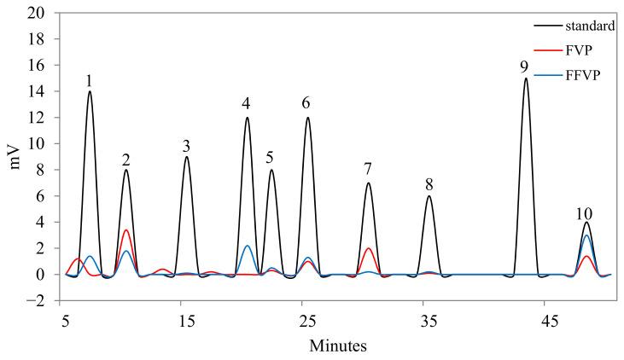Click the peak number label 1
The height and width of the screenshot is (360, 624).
pyautogui.click(x=89, y=80)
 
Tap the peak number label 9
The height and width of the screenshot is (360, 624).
pyautogui.click(x=525, y=67)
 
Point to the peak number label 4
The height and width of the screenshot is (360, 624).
pyautogui.click(x=247, y=104)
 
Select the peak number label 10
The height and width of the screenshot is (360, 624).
pyautogui.click(x=585, y=213)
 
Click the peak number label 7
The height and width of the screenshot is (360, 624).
pyautogui.click(x=368, y=169)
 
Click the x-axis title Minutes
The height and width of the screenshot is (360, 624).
pyautogui.click(x=339, y=346)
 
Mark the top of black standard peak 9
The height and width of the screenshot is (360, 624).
pyautogui.click(x=526, y=78)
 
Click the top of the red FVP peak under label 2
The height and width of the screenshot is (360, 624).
pyautogui.click(x=125, y=229)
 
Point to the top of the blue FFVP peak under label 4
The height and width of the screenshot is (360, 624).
pyautogui.click(x=247, y=246)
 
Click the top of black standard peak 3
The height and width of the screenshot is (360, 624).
pyautogui.click(x=186, y=157)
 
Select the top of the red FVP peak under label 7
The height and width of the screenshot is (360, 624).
pyautogui.click(x=368, y=248)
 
